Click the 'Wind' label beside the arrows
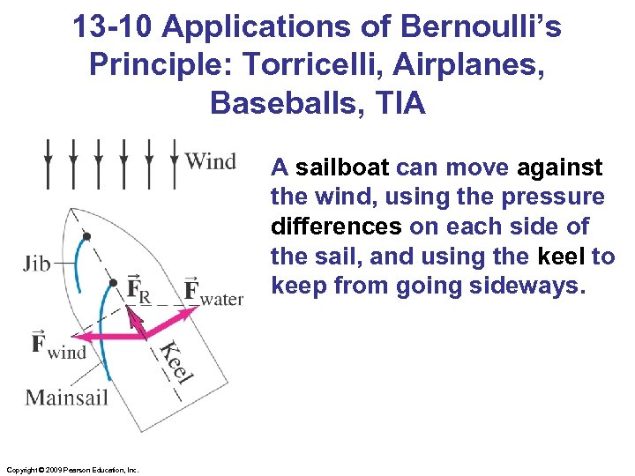pyautogui.click(x=210, y=161)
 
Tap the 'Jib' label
pyautogui.click(x=38, y=263)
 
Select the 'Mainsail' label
pyautogui.click(x=67, y=397)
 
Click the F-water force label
pyautogui.click(x=213, y=292)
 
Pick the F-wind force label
pyautogui.click(x=58, y=344)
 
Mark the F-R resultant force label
pyautogui.click(x=138, y=289)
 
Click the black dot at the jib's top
pyautogui.click(x=86, y=236)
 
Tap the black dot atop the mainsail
pyautogui.click(x=113, y=283)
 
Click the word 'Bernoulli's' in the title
pyautogui.click(x=481, y=27)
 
